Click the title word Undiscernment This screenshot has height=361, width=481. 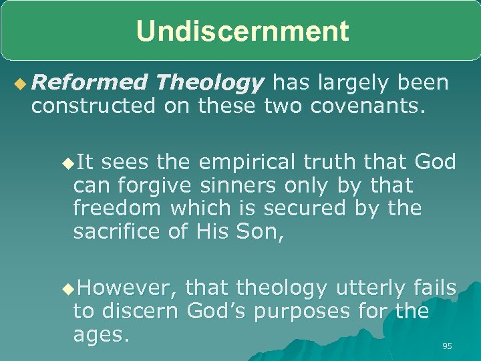pyautogui.click(x=242, y=31)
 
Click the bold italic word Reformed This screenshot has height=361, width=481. pyautogui.click(x=89, y=83)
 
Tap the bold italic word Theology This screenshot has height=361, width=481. pyautogui.click(x=210, y=83)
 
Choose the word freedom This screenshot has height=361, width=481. pyautogui.click(x=117, y=209)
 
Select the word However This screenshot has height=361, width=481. pyautogui.click(x=128, y=288)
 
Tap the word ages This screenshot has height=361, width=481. pyautogui.click(x=101, y=335)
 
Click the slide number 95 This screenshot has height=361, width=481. pyautogui.click(x=447, y=346)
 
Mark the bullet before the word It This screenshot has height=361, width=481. pyautogui.click(x=65, y=162)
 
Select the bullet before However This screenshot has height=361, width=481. pyautogui.click(x=65, y=288)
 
